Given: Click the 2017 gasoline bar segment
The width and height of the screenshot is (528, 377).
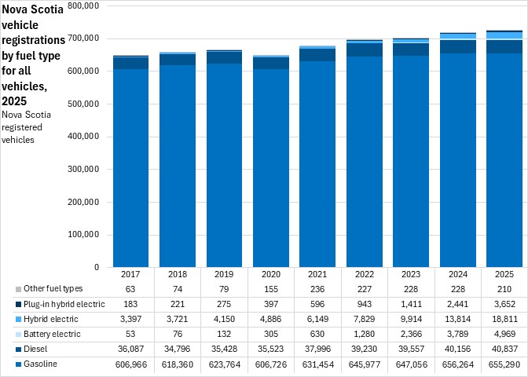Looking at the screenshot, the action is [130, 168].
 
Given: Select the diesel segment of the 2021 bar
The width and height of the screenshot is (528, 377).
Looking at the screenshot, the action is [317, 55].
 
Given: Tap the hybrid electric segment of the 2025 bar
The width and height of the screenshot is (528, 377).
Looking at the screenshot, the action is [504, 35].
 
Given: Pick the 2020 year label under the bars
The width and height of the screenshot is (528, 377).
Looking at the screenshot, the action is [271, 274].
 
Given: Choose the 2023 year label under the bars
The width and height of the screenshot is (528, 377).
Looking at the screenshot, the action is [411, 274].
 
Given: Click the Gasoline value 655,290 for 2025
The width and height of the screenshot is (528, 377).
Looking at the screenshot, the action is [504, 364].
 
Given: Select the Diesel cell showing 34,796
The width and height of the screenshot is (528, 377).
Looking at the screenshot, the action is [178, 349].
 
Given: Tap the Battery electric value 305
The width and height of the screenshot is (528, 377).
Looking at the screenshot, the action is [271, 334].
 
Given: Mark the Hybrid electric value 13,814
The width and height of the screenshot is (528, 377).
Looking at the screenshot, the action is [457, 319].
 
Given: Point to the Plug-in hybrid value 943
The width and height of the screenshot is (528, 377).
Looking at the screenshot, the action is [365, 304].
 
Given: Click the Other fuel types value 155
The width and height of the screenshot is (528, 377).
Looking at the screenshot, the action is [271, 289].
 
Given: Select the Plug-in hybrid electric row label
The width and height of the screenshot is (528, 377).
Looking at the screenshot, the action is [64, 304].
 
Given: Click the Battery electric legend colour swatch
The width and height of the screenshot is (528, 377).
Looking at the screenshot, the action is [18, 335].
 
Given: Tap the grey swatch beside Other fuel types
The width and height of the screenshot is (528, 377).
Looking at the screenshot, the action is [18, 290].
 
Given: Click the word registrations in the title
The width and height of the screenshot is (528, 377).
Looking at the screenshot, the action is [33, 40].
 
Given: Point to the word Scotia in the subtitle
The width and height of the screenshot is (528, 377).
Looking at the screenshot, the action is [37, 115].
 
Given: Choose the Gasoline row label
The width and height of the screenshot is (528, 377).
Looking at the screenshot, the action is [40, 364].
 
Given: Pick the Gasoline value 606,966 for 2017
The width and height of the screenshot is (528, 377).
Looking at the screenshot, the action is [130, 364].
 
